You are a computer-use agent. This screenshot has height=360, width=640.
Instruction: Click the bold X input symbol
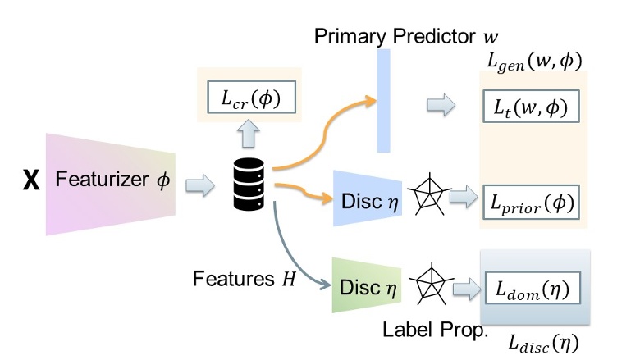[x=30, y=180]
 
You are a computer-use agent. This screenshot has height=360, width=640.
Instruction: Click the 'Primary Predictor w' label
[x=406, y=36]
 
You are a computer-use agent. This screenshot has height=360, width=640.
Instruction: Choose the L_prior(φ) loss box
[x=532, y=201]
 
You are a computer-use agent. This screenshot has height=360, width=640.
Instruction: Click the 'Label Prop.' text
[x=435, y=330]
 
